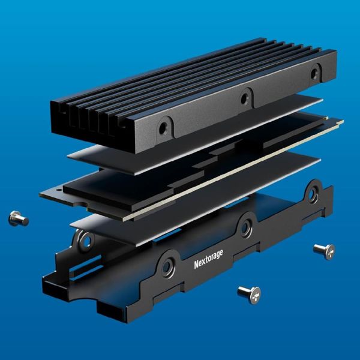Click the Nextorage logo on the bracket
(x=208, y=260)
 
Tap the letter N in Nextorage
(x=196, y=265)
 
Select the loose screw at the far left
(x=19, y=218)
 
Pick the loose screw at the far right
(x=325, y=251)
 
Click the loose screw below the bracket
(x=250, y=295)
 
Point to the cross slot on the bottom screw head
(x=256, y=296)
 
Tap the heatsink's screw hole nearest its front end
(x=163, y=128)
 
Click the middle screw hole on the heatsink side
(x=245, y=99)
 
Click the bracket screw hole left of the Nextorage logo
(x=167, y=267)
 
